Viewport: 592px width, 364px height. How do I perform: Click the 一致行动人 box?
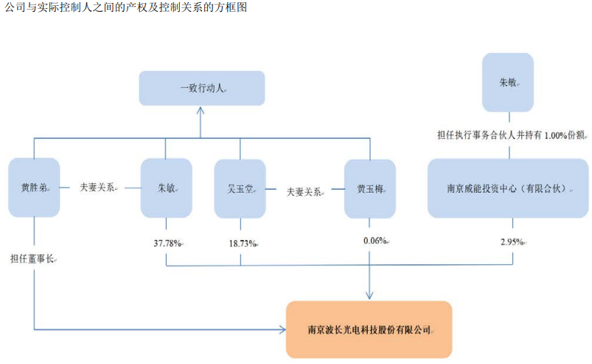202,88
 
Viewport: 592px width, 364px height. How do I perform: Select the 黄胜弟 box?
34,188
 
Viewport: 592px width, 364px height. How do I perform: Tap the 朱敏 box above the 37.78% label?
167,188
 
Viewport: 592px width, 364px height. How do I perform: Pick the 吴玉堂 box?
240,188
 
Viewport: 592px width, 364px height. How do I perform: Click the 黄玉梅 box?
370,188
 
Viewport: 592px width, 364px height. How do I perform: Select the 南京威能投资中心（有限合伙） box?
508,188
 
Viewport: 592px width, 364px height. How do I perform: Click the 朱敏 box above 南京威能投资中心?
508,83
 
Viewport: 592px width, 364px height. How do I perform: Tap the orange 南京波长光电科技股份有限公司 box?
369,329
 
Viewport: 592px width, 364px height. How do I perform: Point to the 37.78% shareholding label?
167,244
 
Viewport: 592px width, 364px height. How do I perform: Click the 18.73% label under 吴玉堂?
243,244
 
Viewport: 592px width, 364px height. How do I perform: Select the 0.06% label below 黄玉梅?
375,241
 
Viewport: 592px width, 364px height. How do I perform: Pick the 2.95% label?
512,242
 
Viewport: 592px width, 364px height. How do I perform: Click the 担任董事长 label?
32,259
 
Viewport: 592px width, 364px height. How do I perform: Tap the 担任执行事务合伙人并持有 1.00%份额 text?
511,135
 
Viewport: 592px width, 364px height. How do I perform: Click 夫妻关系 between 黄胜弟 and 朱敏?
97,187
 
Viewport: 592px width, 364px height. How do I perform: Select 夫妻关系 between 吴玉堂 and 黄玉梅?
304,192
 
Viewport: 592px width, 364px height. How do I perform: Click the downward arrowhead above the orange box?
369,295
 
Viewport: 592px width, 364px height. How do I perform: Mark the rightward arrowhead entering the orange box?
282,329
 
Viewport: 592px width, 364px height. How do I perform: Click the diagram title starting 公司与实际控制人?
126,7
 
